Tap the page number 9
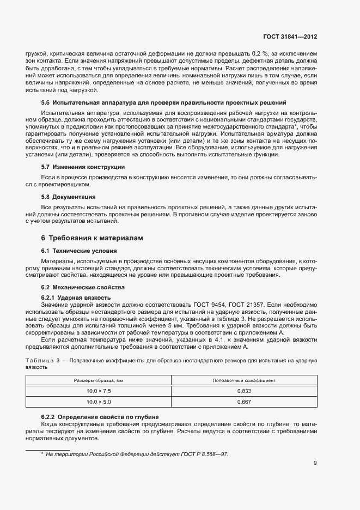(315, 463)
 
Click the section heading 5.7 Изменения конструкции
(83, 167)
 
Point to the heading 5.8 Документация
(69, 196)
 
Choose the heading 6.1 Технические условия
(79, 251)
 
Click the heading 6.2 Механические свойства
(83, 287)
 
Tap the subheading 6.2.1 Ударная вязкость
(76, 297)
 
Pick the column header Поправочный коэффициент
(243, 380)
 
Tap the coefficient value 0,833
(243, 391)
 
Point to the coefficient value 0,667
(243, 402)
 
